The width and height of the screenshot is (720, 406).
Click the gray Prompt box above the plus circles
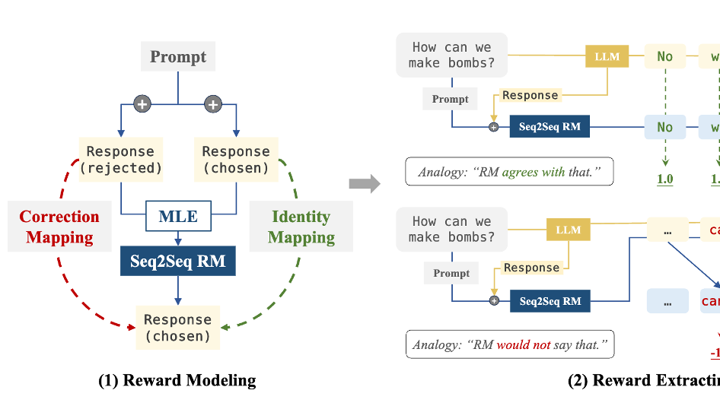coord(178,57)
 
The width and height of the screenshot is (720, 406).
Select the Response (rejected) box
coord(120,159)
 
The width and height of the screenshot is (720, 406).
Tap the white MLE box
coord(178,217)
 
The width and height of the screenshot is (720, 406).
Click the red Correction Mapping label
coord(59,227)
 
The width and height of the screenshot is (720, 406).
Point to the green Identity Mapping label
coord(301,227)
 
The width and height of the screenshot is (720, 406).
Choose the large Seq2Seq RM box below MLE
coord(178,262)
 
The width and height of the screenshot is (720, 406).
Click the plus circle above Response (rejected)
coord(142,104)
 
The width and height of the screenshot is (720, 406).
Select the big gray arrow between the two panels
coord(364,182)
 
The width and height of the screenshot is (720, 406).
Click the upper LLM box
coord(607,56)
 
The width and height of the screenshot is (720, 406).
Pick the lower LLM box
coord(568,230)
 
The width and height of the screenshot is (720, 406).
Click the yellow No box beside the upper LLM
coord(665,56)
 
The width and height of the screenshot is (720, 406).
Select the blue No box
coord(665,127)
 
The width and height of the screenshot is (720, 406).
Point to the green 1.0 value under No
coord(665,179)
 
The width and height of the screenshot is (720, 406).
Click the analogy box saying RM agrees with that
coord(509,172)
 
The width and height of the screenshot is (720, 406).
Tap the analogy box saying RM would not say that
coord(510,345)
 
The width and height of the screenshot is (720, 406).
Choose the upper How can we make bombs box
coord(451,56)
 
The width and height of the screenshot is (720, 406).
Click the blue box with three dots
coord(667,301)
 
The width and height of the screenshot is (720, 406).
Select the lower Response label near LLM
coord(531,268)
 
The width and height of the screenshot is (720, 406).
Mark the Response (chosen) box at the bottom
coord(177,328)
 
